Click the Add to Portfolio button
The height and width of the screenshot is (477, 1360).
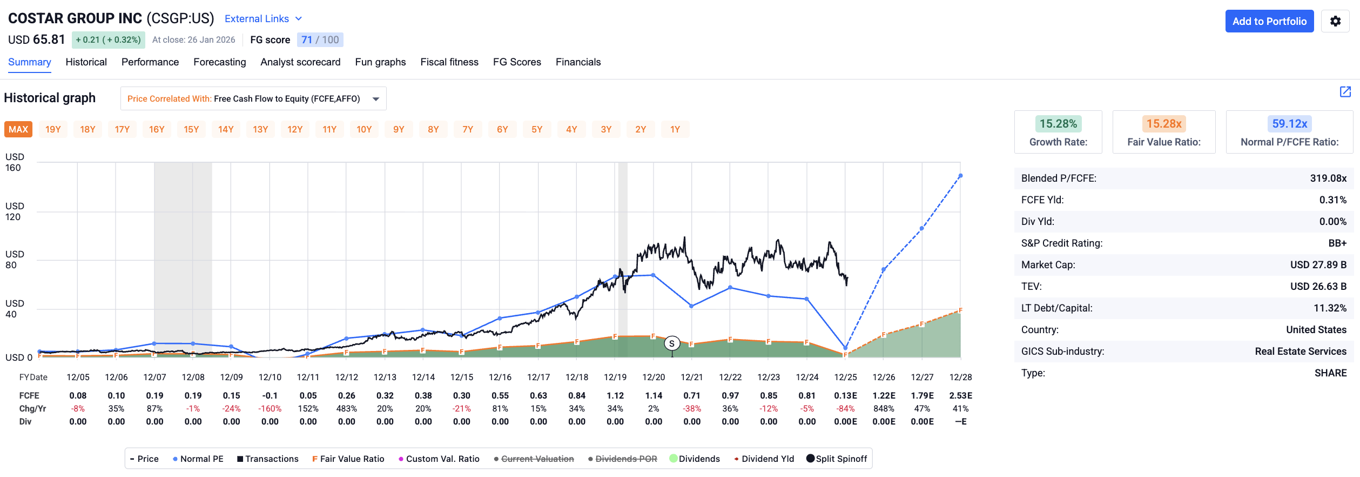click(1269, 22)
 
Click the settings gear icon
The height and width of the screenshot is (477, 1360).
click(1335, 22)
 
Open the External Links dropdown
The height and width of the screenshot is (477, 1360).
click(263, 19)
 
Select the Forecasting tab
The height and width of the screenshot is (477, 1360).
click(219, 62)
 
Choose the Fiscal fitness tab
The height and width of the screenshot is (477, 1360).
click(449, 62)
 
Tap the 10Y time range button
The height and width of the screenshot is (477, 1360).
click(364, 129)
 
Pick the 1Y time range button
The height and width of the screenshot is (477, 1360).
click(675, 129)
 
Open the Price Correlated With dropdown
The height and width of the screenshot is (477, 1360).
click(253, 98)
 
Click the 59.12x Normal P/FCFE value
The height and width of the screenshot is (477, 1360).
click(1289, 124)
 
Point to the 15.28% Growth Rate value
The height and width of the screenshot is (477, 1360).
click(1058, 124)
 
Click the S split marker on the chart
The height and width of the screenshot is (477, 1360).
click(672, 343)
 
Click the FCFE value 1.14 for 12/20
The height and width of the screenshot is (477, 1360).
click(653, 396)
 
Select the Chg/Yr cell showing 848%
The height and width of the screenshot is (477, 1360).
click(884, 409)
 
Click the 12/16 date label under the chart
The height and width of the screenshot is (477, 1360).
click(500, 377)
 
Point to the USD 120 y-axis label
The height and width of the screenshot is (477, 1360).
click(14, 211)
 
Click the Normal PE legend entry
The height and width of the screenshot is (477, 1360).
click(198, 459)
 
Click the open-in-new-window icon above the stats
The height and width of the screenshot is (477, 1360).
click(1345, 91)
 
